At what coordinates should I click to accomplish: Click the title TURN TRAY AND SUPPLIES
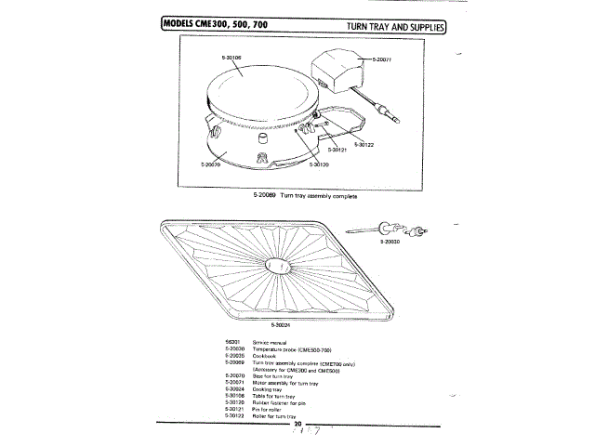pyautogui.click(x=395, y=26)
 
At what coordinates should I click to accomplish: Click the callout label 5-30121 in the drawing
pyautogui.click(x=337, y=149)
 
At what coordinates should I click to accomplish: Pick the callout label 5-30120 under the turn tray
pyautogui.click(x=319, y=164)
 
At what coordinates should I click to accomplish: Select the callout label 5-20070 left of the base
pyautogui.click(x=210, y=164)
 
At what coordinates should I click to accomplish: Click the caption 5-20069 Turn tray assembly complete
pyautogui.click(x=305, y=195)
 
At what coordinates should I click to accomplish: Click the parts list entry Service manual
pyautogui.click(x=268, y=343)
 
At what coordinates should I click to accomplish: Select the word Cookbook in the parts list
pyautogui.click(x=264, y=356)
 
